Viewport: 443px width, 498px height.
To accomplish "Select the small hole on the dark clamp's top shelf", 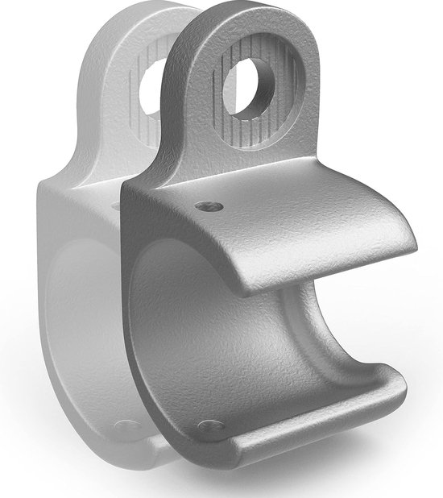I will point(209,207).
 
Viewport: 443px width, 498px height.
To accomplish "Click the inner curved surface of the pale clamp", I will point(81,322).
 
